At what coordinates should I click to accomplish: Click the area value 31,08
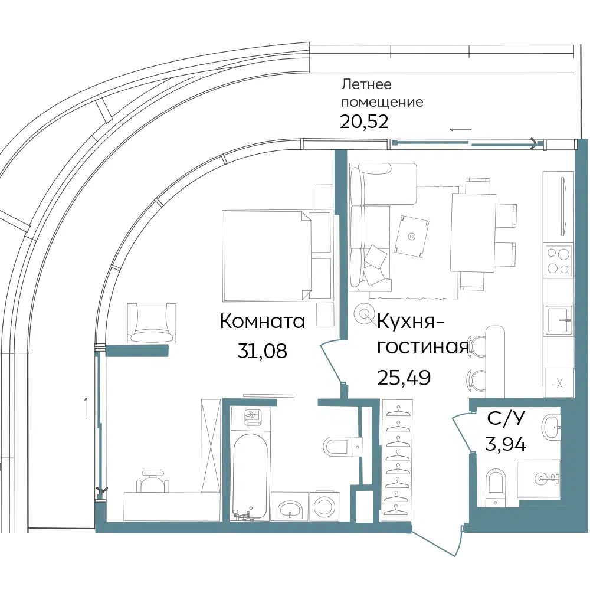point(263,351)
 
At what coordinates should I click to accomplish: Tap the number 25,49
point(404,378)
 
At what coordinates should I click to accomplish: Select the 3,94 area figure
point(506,445)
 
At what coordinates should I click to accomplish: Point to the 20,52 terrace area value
point(364,122)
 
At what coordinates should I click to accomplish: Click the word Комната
point(263,322)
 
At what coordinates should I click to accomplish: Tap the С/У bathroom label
point(506,418)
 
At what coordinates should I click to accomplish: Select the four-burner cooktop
point(558,260)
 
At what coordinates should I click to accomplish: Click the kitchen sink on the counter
point(559,319)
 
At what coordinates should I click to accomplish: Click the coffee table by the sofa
point(412,236)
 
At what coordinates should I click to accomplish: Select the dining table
point(473,232)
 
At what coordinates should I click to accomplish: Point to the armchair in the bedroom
point(152,323)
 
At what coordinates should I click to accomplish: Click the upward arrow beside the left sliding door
point(86,408)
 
